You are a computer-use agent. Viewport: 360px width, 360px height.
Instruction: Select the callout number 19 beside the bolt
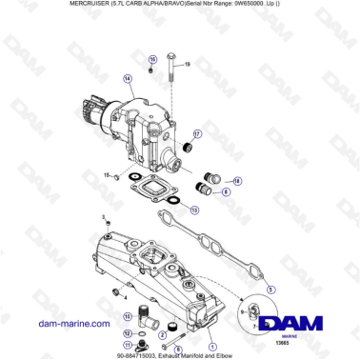[187, 65]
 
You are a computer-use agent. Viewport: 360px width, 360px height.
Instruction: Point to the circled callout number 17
[197, 134]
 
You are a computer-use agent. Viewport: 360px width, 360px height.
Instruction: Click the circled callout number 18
[237, 181]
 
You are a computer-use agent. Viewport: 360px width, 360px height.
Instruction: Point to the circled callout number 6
[177, 349]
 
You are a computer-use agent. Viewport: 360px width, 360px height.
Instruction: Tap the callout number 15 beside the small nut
[106, 175]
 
